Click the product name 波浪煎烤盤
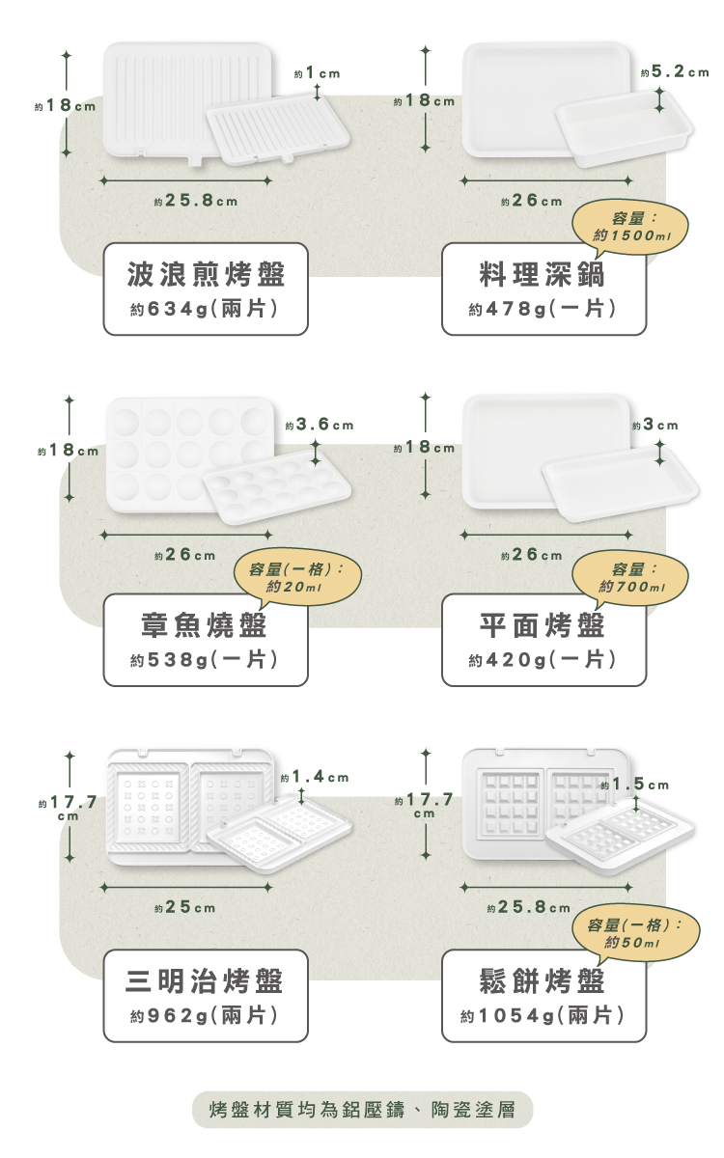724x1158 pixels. click(206, 274)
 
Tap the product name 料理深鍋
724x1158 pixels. click(543, 274)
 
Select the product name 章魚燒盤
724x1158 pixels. click(206, 624)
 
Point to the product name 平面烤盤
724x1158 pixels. click(543, 624)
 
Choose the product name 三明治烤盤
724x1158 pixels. click(206, 981)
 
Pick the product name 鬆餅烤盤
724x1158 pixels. click(543, 981)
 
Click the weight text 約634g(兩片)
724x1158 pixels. click(206, 310)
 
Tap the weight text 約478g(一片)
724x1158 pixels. click(543, 310)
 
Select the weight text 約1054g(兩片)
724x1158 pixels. click(543, 1016)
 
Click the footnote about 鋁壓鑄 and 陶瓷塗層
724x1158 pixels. click(362, 1110)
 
